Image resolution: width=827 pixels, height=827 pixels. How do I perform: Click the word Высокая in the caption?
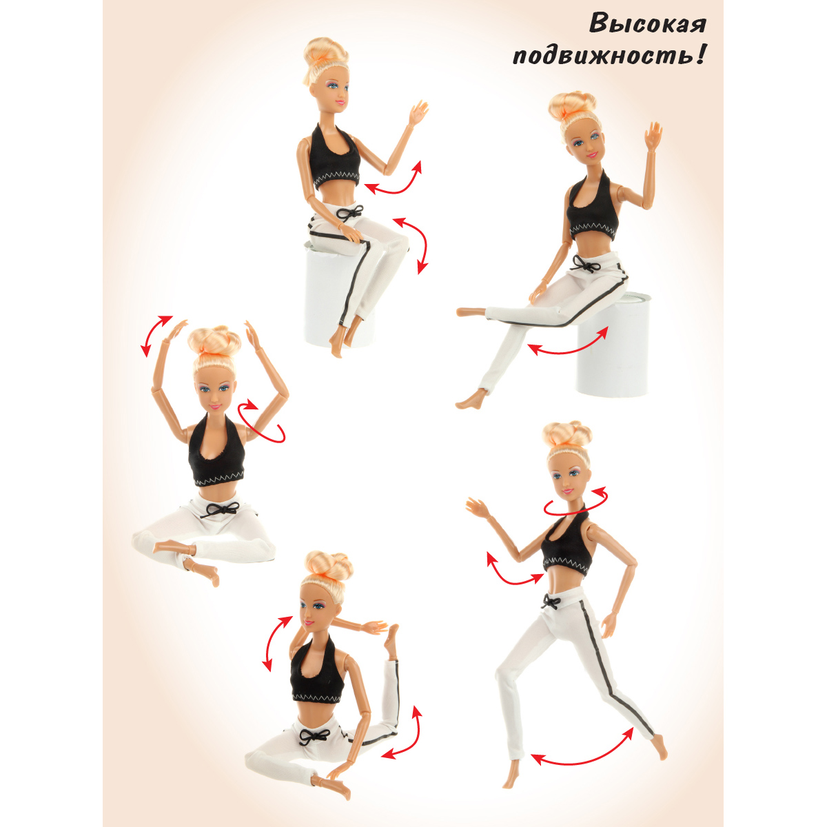pos(648,24)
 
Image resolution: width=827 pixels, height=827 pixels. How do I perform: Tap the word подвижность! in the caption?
pos(609,57)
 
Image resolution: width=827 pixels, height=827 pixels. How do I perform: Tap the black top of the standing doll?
pos(566,543)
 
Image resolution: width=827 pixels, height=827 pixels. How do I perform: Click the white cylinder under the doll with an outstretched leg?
pos(613,343)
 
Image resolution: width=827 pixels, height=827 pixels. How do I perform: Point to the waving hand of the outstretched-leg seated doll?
pos(653,136)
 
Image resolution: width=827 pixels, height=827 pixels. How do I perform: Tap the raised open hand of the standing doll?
pos(478,507)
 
